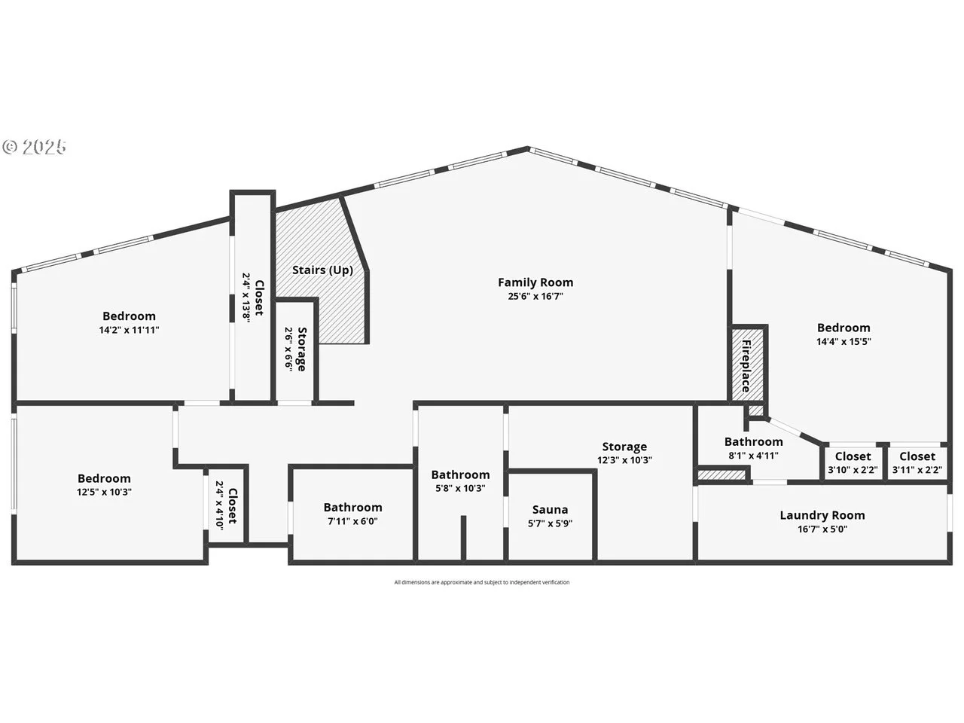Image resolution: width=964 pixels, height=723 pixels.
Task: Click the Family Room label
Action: [535, 282]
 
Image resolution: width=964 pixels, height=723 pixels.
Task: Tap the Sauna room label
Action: [550, 510]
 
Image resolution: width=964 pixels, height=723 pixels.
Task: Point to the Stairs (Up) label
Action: [323, 270]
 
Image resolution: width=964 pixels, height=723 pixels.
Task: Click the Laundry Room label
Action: [822, 515]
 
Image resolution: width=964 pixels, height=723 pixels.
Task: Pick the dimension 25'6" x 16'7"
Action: [535, 296]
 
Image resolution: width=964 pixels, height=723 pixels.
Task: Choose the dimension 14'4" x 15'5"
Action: [843, 341]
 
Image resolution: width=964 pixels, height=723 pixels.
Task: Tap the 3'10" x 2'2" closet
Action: [853, 463]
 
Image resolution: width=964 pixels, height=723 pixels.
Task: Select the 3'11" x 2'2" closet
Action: [917, 463]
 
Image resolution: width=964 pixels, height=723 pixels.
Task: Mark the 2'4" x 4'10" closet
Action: [226, 505]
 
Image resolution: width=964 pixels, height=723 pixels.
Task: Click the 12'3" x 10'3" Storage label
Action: [624, 447]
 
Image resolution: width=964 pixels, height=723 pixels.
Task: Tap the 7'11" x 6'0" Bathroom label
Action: [352, 508]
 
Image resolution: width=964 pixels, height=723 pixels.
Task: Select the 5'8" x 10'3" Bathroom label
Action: [460, 474]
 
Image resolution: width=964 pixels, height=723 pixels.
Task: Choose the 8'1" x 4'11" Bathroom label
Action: [754, 441]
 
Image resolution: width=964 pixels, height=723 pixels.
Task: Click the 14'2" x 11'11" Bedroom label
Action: [129, 316]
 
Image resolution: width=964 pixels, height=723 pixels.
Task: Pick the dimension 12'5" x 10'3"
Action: [104, 492]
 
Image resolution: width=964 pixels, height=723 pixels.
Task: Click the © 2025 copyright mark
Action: [34, 147]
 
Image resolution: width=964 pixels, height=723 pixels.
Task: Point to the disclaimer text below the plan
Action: [482, 582]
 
